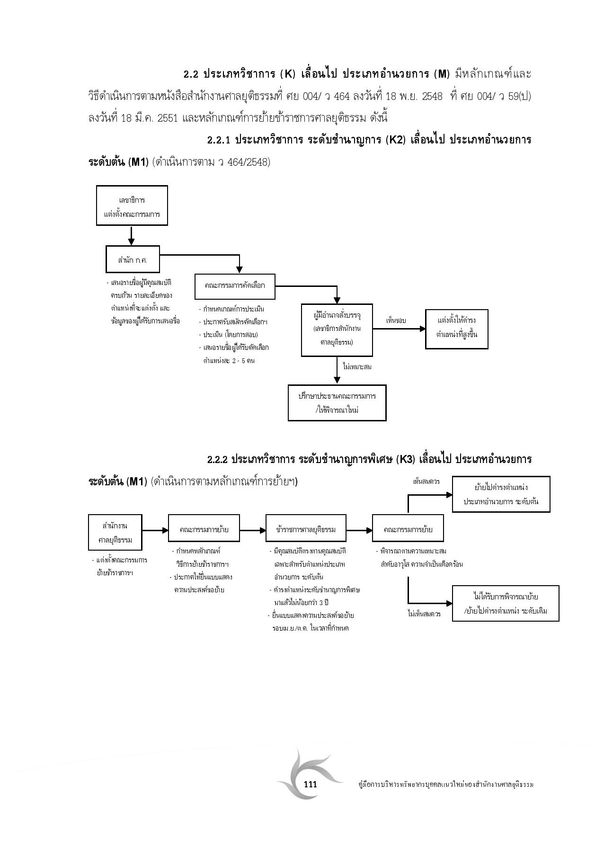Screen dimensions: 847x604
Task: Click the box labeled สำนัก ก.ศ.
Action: (x=133, y=259)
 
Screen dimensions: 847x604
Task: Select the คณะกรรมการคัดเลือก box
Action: (x=235, y=285)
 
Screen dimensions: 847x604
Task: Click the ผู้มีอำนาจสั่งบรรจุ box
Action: (x=337, y=329)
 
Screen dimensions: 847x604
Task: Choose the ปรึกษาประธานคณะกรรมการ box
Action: (x=337, y=403)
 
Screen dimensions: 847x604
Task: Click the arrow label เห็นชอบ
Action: (x=396, y=321)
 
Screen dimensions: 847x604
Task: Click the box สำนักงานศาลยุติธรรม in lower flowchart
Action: (x=115, y=533)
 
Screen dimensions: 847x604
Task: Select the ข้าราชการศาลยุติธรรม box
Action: (x=306, y=530)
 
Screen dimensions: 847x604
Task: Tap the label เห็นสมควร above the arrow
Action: (x=426, y=481)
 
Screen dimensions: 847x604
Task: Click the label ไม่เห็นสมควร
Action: (x=424, y=614)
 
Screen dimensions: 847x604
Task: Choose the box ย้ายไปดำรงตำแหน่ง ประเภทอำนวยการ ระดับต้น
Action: (x=501, y=494)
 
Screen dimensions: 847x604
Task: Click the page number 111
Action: (x=311, y=785)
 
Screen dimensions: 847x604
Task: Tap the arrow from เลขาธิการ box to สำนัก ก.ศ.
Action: (x=132, y=235)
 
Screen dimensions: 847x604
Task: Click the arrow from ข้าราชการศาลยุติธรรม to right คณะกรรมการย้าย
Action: (x=359, y=530)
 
